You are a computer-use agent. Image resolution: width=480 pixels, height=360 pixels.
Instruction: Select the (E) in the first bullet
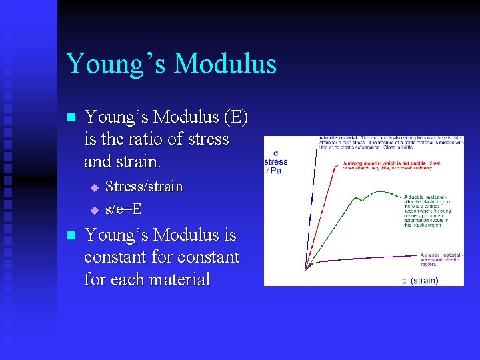click(x=236, y=117)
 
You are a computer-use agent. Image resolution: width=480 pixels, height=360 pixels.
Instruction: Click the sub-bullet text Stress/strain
click(x=144, y=187)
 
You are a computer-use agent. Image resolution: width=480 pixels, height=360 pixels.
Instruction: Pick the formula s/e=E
click(x=123, y=209)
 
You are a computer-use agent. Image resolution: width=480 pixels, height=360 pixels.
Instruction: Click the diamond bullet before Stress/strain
click(x=94, y=187)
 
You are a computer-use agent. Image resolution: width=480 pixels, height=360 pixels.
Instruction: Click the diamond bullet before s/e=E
click(x=94, y=210)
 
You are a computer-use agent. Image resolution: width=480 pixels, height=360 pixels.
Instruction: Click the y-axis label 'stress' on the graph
click(x=276, y=162)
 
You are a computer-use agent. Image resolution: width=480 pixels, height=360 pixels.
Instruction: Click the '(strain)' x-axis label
click(x=424, y=281)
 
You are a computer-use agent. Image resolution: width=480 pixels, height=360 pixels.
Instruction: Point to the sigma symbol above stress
click(x=276, y=153)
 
